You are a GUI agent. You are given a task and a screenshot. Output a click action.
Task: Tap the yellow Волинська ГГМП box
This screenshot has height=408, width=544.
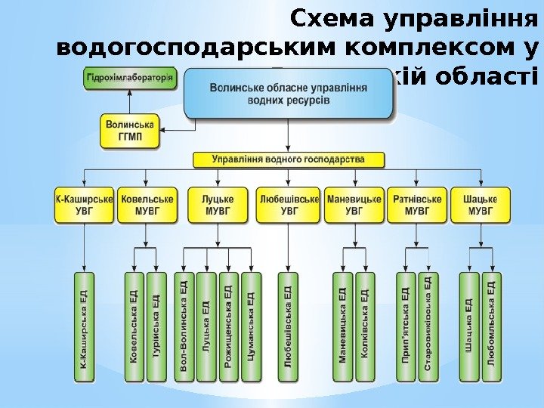click(x=130, y=130)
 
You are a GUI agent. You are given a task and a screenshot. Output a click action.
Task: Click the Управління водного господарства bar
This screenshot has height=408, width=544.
click(x=288, y=160)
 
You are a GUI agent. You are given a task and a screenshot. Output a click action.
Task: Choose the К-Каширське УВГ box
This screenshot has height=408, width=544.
click(x=85, y=205)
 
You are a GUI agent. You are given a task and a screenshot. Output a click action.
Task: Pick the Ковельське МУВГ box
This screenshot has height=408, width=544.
click(x=147, y=205)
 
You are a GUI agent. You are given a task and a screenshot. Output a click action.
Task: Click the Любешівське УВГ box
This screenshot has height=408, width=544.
click(x=289, y=205)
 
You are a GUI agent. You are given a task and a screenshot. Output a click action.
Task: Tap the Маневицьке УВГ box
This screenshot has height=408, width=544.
click(x=354, y=205)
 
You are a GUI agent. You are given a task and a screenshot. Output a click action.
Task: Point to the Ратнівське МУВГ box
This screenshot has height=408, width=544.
click(x=417, y=205)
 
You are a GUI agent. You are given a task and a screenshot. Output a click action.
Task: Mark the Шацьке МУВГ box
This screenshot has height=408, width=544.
click(x=481, y=205)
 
